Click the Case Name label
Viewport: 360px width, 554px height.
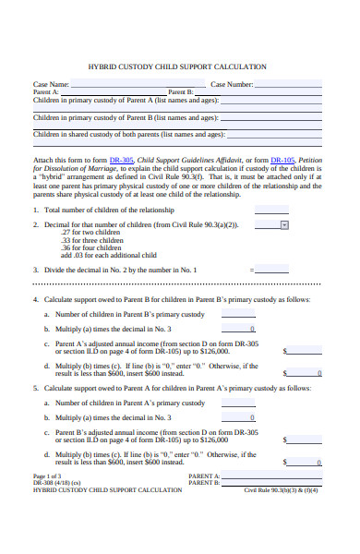52,84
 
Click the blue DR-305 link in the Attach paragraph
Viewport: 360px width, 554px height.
121,160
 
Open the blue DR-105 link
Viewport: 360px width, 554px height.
282,160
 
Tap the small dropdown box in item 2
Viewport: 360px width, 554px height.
284,224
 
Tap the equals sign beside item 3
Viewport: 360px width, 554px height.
251,270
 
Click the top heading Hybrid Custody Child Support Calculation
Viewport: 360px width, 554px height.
177,66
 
